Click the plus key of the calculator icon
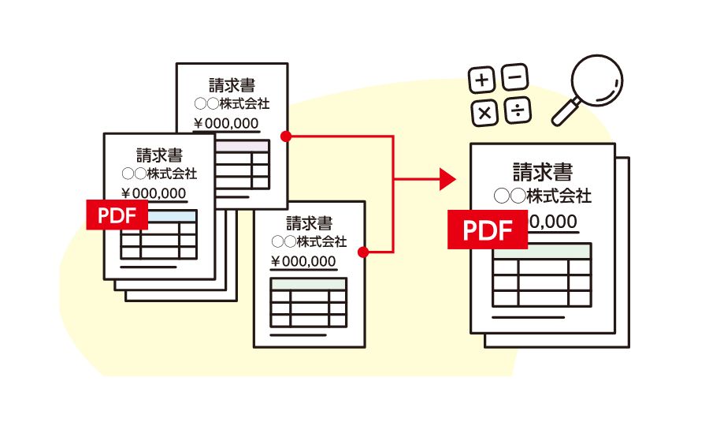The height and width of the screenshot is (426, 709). (482, 80)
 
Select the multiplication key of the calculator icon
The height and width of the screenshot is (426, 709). (484, 113)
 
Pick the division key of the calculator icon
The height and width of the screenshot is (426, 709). (517, 111)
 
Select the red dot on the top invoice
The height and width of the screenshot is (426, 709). (285, 136)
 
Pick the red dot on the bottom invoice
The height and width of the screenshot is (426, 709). (363, 252)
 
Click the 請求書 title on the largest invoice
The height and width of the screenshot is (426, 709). (542, 171)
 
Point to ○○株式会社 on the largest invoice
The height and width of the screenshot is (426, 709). (542, 196)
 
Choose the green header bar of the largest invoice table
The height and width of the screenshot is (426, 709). (541, 251)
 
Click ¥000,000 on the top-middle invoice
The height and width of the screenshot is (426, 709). (226, 122)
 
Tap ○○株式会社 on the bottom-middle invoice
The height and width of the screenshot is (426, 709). (309, 241)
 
